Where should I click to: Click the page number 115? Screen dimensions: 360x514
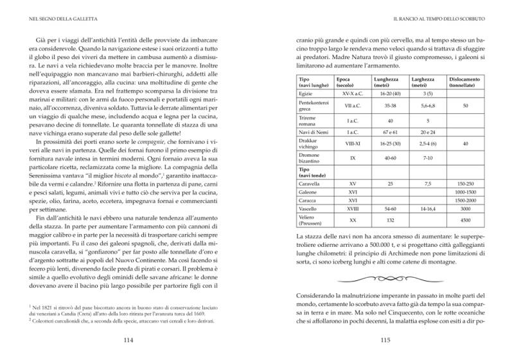coord(385,341)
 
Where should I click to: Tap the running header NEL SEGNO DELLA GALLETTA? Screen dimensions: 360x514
coord(62,18)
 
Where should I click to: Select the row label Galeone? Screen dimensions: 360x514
coord(308,192)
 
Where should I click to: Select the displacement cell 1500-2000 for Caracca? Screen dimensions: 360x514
coord(465,201)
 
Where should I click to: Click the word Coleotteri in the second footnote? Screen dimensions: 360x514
coord(52,319)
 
